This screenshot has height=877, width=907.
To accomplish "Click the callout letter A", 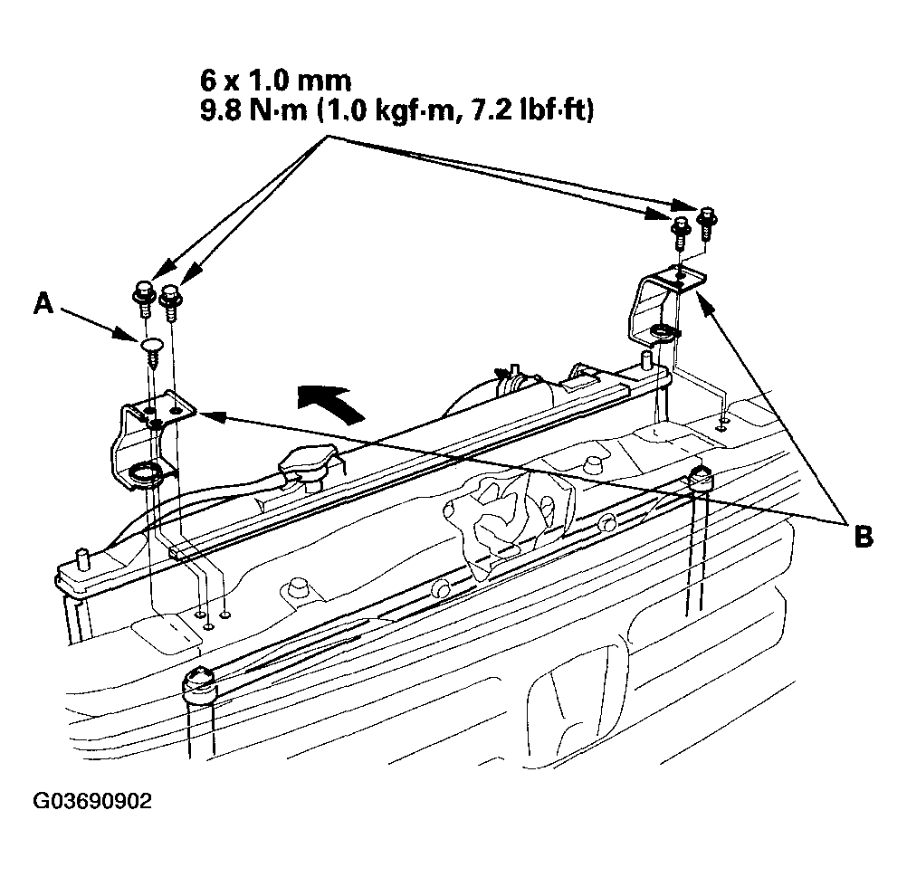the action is (x=43, y=303).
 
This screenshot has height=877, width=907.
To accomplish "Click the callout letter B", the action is (x=863, y=537).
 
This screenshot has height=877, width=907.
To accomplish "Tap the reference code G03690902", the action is (x=92, y=801).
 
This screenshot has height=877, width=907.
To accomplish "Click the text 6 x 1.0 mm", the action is (x=275, y=81).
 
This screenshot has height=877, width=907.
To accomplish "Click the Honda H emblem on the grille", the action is (x=578, y=703).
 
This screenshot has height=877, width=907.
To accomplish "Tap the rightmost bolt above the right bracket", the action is (x=707, y=223).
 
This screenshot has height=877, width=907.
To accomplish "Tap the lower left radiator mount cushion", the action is (x=199, y=684).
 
